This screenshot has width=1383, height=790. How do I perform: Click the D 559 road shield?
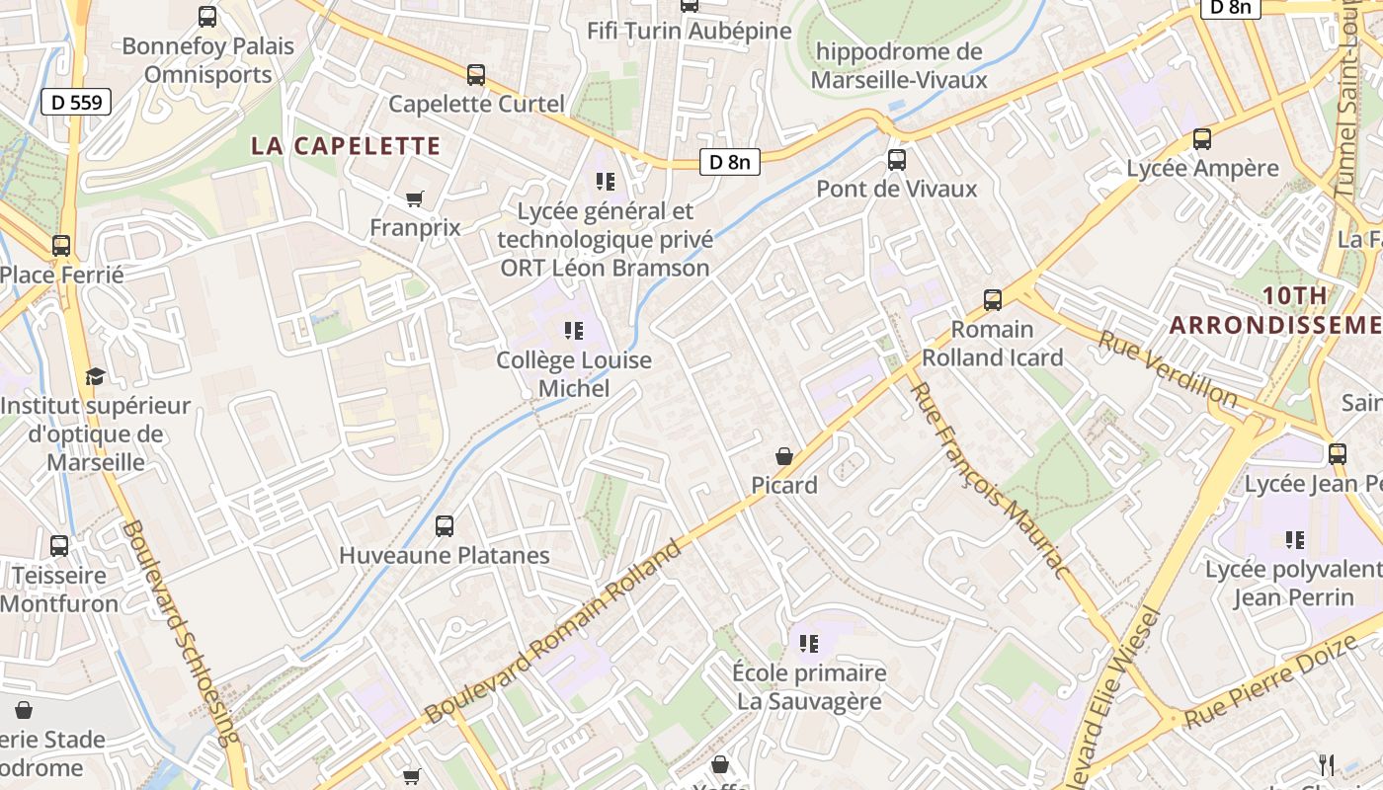pyautogui.click(x=76, y=102)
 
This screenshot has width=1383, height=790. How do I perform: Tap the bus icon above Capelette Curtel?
pyautogui.click(x=476, y=74)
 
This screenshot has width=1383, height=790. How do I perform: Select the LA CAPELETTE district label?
pyautogui.click(x=345, y=146)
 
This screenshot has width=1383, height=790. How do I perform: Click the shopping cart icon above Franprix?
pyautogui.click(x=415, y=198)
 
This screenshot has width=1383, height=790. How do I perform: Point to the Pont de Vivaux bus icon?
pyautogui.click(x=897, y=159)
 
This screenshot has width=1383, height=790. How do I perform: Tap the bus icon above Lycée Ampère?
pyautogui.click(x=1202, y=138)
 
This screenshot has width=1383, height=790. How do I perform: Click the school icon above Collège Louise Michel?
pyautogui.click(x=573, y=330)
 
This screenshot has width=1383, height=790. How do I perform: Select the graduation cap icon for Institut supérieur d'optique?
pyautogui.click(x=95, y=376)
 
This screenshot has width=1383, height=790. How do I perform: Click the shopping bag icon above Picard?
pyautogui.click(x=784, y=455)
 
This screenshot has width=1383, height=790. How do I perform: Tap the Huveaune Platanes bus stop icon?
pyautogui.click(x=445, y=525)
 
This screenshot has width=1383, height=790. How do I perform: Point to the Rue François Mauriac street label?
pyautogui.click(x=989, y=481)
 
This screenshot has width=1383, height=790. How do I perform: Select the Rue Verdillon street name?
pyautogui.click(x=1168, y=369)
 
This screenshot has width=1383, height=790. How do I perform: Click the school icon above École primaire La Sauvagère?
pyautogui.click(x=809, y=644)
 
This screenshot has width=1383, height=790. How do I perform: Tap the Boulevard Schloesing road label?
pyautogui.click(x=180, y=632)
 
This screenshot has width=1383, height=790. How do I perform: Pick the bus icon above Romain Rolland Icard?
pyautogui.click(x=993, y=299)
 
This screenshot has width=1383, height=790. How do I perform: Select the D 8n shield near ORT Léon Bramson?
pyautogui.click(x=730, y=162)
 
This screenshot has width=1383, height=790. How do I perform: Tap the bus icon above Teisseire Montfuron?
pyautogui.click(x=59, y=545)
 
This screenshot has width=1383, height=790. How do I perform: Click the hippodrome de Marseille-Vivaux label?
pyautogui.click(x=899, y=65)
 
